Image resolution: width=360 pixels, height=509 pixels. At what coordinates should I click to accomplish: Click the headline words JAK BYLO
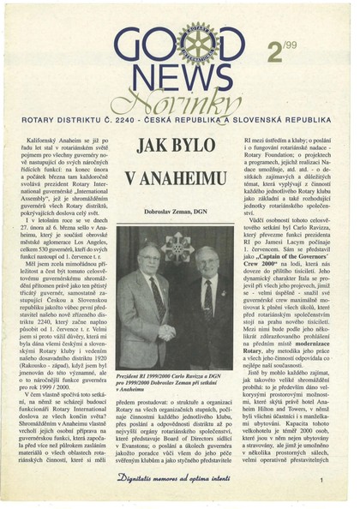point(174,145)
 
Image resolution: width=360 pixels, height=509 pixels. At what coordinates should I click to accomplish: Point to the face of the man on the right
point(206,262)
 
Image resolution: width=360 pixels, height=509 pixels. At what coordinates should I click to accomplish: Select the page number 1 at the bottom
point(321,482)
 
